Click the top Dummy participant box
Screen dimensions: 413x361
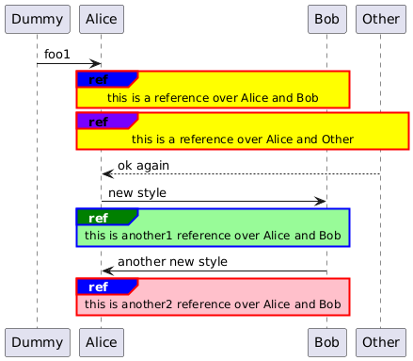[x=38, y=19]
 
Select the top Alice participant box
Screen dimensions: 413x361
[x=102, y=19]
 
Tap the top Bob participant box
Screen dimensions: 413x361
[x=327, y=19]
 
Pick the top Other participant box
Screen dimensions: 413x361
[x=381, y=19]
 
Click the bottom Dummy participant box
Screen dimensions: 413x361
[x=38, y=342]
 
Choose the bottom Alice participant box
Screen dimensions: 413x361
[x=102, y=342]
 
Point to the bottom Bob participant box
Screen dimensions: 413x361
[x=327, y=342]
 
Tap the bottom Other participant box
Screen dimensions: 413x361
[x=381, y=342]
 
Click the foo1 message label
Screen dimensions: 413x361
[x=56, y=55]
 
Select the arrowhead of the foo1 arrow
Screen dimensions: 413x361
[x=95, y=64]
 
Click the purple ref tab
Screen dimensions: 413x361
[x=107, y=122]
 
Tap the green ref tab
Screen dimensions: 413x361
[x=107, y=218]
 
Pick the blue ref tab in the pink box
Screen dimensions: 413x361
[x=107, y=287]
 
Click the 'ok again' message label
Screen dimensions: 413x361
[x=143, y=166]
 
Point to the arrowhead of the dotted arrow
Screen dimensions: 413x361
[x=107, y=173]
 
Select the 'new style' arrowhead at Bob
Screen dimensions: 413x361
[x=321, y=202]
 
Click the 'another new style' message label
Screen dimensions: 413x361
[x=172, y=262]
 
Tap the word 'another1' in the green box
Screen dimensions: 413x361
[x=147, y=236]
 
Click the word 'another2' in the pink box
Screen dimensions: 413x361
[x=147, y=304]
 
